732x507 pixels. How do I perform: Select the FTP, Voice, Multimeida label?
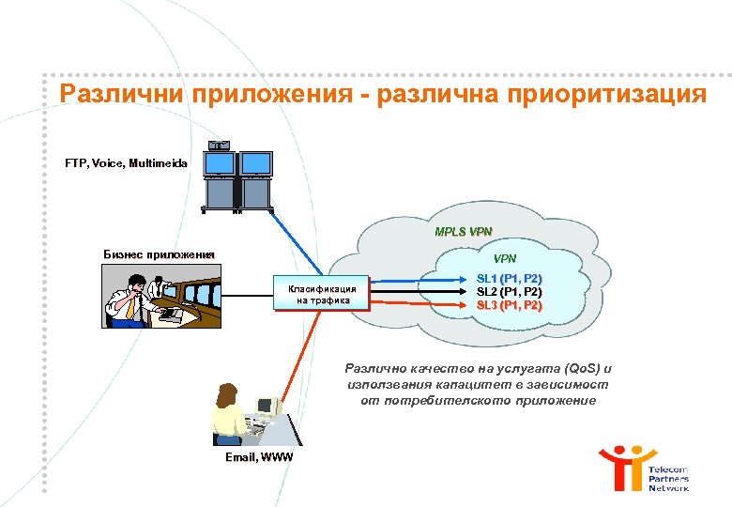click(127, 163)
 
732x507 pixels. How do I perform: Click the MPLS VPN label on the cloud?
click(464, 232)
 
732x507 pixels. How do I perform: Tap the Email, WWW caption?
click(259, 457)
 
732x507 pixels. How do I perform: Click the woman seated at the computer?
click(229, 412)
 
